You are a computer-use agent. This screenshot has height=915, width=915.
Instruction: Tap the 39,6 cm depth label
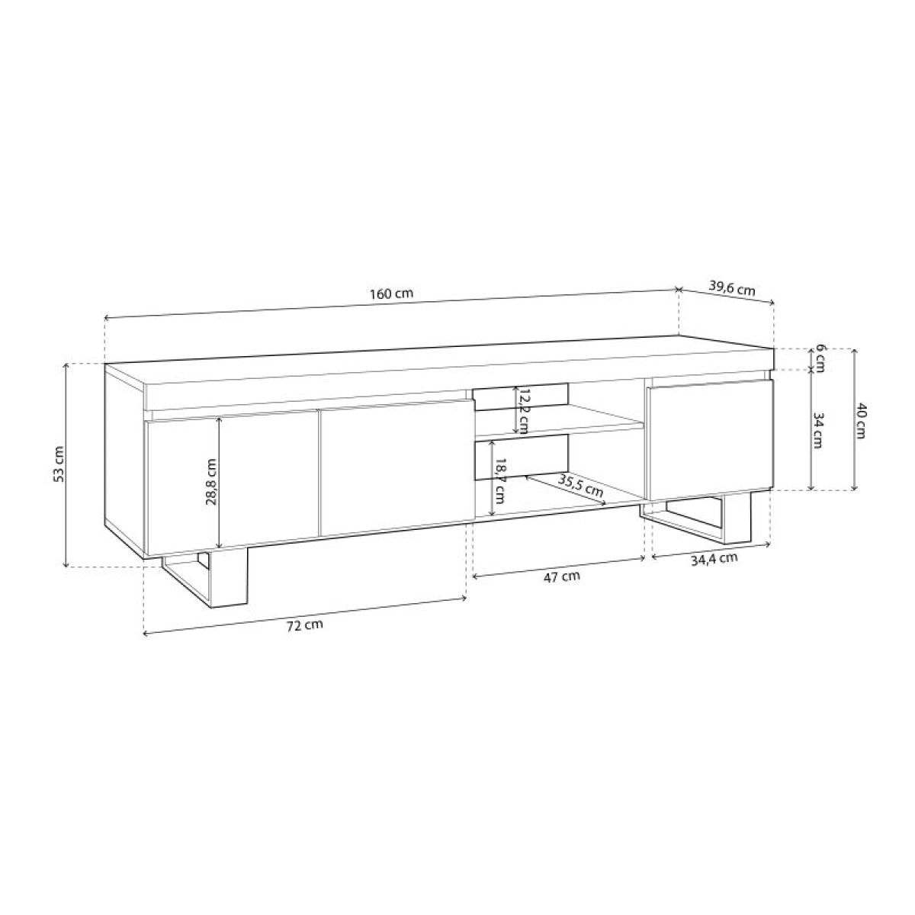(x=731, y=288)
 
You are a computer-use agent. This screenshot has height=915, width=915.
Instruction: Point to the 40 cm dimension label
(x=862, y=419)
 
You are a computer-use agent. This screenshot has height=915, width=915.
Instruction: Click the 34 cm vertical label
(x=819, y=431)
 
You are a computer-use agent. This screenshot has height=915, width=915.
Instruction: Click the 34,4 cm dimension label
(x=713, y=558)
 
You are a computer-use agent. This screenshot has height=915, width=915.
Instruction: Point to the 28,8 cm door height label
(x=211, y=483)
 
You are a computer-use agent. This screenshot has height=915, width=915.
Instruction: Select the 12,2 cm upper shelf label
(x=522, y=410)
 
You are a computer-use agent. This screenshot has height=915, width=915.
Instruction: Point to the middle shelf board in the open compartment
(x=557, y=423)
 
